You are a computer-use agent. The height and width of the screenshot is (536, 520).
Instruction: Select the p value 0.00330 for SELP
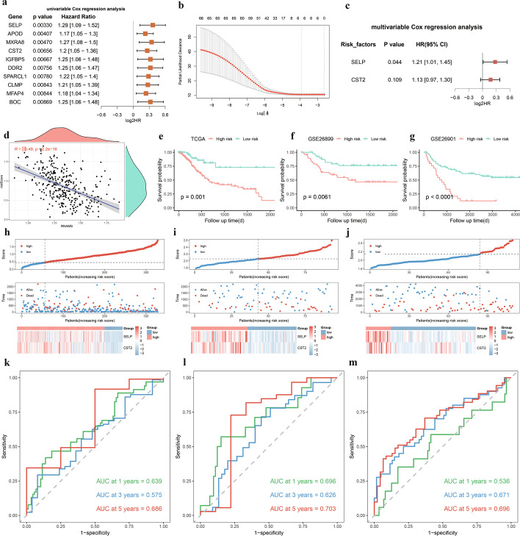(x=47, y=25)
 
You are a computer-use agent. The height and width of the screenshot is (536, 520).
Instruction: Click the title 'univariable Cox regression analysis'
(x=73, y=7)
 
